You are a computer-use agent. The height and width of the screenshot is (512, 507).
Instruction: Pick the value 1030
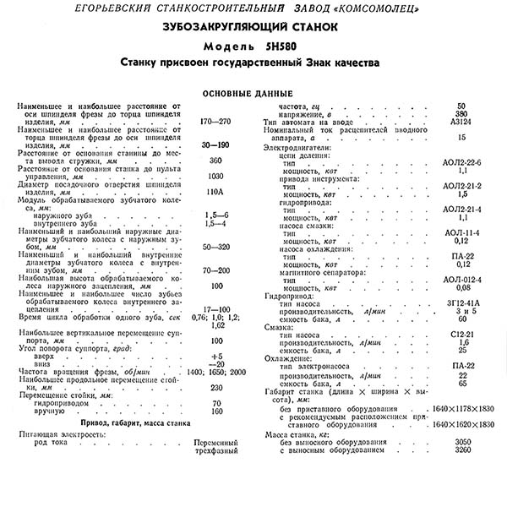click(x=215, y=176)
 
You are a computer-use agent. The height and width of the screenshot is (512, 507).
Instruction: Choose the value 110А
click(x=215, y=192)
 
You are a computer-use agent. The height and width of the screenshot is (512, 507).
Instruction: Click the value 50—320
click(x=215, y=246)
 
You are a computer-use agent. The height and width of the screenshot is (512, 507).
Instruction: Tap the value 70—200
click(x=215, y=270)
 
